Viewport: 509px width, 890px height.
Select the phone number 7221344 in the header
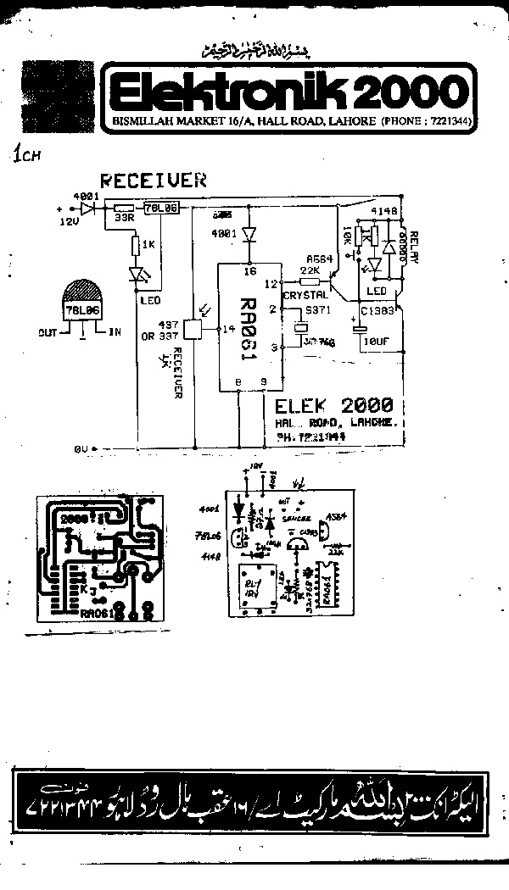(x=449, y=122)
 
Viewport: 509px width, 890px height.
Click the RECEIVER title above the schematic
(x=154, y=180)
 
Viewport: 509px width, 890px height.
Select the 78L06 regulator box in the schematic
(x=161, y=208)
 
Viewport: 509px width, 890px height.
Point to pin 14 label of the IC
(x=225, y=328)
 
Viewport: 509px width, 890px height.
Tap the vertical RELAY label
(x=415, y=246)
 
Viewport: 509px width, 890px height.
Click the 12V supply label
(x=69, y=220)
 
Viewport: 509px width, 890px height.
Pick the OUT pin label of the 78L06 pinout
(x=48, y=332)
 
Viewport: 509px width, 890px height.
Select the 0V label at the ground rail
(x=81, y=447)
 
